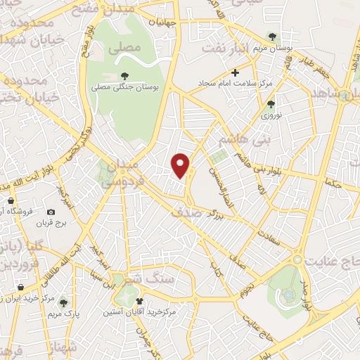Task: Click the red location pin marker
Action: pyautogui.click(x=181, y=165)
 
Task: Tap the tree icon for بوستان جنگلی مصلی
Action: pyautogui.click(x=124, y=77)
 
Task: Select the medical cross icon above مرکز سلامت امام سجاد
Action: pyautogui.click(x=236, y=72)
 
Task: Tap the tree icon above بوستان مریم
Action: pyautogui.click(x=272, y=37)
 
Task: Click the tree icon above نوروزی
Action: pyautogui.click(x=271, y=104)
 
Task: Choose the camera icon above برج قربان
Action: pyautogui.click(x=51, y=212)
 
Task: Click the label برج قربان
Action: pyautogui.click(x=51, y=223)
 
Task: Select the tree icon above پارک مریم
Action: pyautogui.click(x=63, y=302)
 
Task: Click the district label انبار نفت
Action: pyautogui.click(x=227, y=48)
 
